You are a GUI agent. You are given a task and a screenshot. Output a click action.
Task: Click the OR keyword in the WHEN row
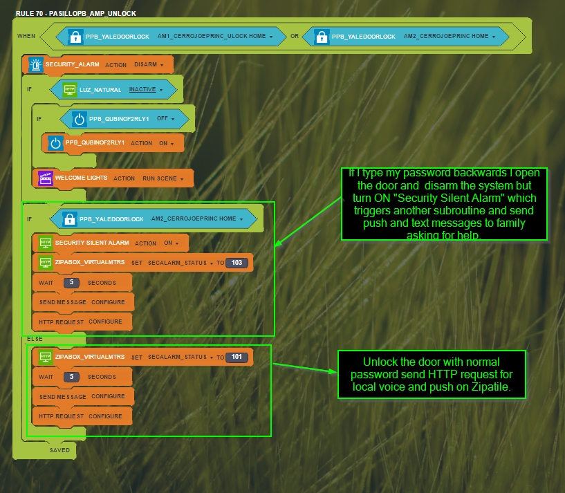click(295, 36)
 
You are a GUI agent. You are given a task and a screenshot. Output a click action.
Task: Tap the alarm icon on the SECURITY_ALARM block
click(35, 64)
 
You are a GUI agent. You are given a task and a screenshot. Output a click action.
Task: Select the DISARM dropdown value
click(148, 64)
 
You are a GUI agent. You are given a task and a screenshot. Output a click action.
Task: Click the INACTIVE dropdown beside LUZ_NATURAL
click(145, 89)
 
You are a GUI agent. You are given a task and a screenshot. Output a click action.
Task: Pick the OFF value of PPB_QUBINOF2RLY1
click(165, 118)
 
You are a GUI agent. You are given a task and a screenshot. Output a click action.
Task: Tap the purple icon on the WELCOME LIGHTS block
click(46, 178)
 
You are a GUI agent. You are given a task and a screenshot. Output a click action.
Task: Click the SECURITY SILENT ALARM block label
click(92, 243)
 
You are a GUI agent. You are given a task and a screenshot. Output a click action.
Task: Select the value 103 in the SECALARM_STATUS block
click(236, 263)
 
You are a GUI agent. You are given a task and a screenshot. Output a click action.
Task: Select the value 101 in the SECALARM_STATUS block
click(236, 357)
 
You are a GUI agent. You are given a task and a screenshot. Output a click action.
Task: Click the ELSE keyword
click(35, 339)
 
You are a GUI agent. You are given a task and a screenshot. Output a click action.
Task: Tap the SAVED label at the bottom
click(59, 450)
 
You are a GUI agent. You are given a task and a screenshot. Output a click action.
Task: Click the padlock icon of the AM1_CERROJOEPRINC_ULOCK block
click(75, 36)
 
